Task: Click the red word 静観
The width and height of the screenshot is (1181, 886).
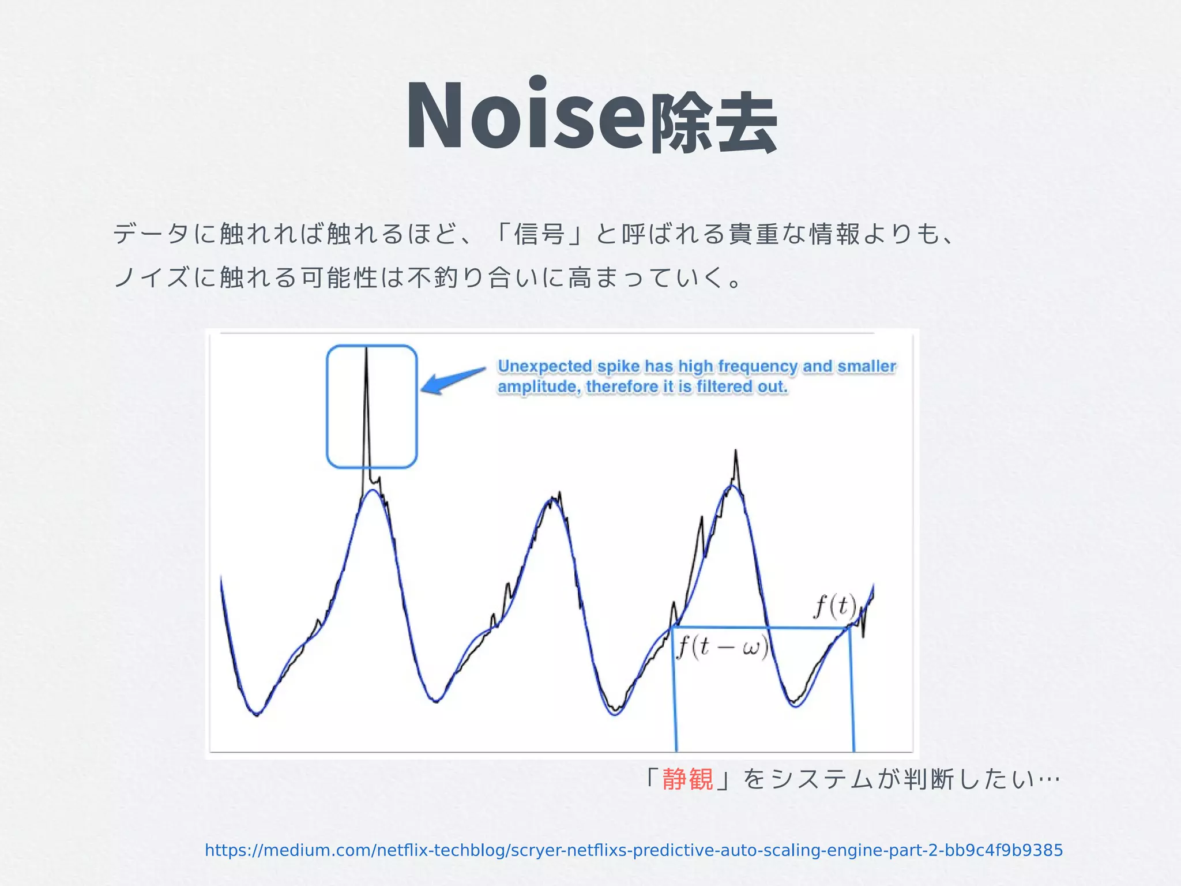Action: pyautogui.click(x=687, y=779)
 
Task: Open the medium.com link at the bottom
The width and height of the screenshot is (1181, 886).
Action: pyautogui.click(x=633, y=850)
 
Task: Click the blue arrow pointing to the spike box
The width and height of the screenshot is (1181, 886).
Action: pyautogui.click(x=453, y=381)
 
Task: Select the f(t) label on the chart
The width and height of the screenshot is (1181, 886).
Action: pyautogui.click(x=835, y=606)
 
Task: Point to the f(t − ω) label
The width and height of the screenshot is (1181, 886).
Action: pyautogui.click(x=722, y=647)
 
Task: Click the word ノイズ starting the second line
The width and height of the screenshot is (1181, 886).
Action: pyautogui.click(x=151, y=278)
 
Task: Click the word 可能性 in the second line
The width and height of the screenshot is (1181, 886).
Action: pyautogui.click(x=338, y=278)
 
